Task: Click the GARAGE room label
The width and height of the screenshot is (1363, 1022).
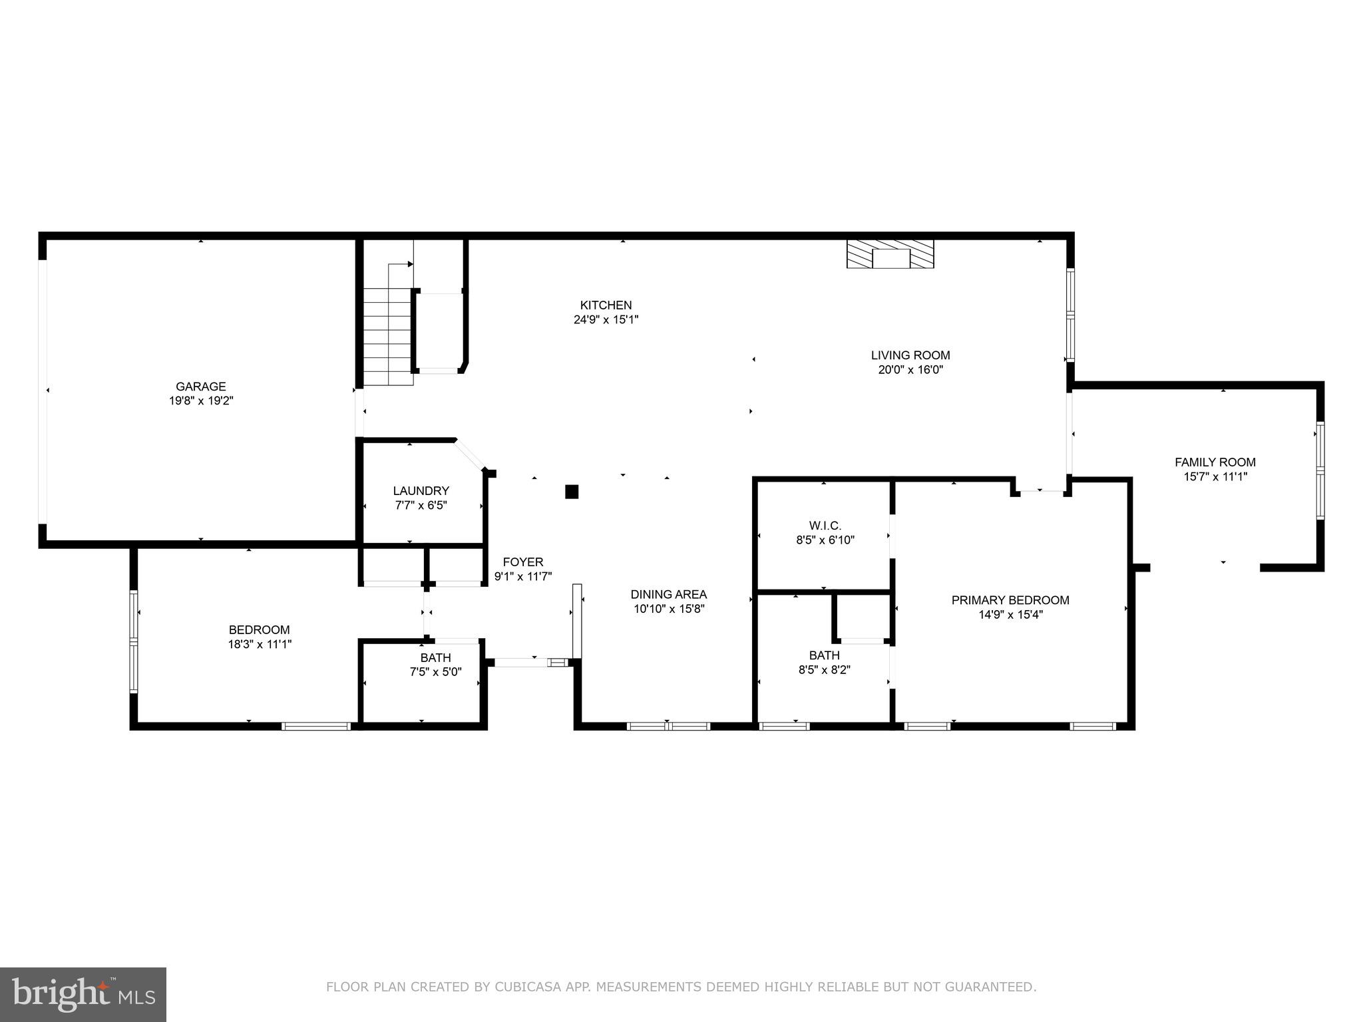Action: tap(200, 387)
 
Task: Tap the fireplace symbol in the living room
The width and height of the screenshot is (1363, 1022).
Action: tap(890, 254)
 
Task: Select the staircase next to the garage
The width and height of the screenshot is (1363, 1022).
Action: tap(388, 336)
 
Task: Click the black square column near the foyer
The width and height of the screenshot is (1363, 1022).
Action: tap(572, 492)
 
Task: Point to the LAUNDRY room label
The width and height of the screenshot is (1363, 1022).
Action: tap(421, 491)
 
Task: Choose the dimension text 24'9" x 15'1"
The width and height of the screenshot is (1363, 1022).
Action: tap(606, 319)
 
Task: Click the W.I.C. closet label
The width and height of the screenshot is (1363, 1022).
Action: tap(825, 526)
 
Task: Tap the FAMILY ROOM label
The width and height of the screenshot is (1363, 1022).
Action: tap(1215, 462)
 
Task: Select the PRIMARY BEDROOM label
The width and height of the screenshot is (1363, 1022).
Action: tap(1010, 600)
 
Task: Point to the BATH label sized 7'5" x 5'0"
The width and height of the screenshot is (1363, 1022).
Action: tap(435, 658)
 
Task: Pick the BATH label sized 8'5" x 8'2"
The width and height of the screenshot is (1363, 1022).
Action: tap(824, 655)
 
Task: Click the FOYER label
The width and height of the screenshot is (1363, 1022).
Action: tap(522, 562)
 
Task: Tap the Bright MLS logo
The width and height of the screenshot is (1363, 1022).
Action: tap(83, 995)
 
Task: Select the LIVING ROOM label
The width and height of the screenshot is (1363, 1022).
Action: tap(910, 355)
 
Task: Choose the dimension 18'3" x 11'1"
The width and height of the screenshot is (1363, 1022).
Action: tap(260, 644)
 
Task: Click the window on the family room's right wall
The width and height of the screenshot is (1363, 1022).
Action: tap(1320, 470)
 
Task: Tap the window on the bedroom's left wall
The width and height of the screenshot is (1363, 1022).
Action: tap(134, 641)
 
